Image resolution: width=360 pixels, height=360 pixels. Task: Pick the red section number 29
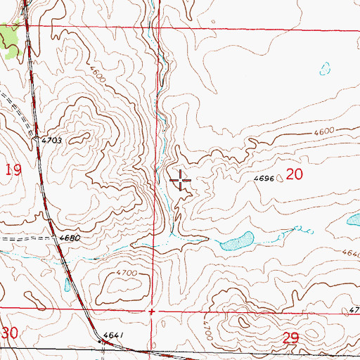pos(291,338)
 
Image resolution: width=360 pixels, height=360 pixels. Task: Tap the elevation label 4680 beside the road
pos(68,238)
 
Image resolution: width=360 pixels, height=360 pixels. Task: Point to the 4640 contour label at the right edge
pos(352,253)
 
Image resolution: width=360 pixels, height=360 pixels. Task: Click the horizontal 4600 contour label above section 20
pos(323,131)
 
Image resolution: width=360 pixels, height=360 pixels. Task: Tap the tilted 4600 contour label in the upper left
pos(98,73)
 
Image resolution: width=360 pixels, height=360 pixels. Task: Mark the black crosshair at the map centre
pos(180,181)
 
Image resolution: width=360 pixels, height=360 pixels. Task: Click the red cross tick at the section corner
pos(151,310)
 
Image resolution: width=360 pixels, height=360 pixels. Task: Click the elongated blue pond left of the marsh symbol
pos(236,241)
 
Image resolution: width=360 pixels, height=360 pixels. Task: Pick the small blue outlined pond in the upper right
pos(324,69)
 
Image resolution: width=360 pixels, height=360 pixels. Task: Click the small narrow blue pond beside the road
pos(67,284)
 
